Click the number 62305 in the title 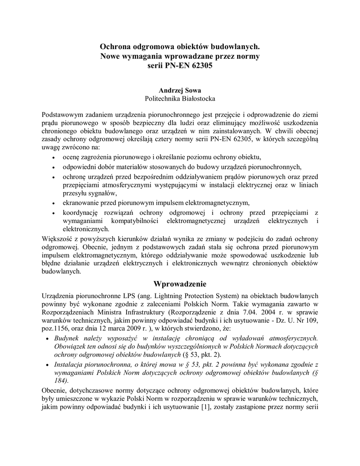click(x=202, y=66)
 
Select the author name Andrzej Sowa click(x=180, y=90)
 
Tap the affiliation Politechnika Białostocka click(x=180, y=98)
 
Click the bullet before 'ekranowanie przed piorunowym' click(x=54, y=203)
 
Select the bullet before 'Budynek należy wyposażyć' click(x=49, y=339)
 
